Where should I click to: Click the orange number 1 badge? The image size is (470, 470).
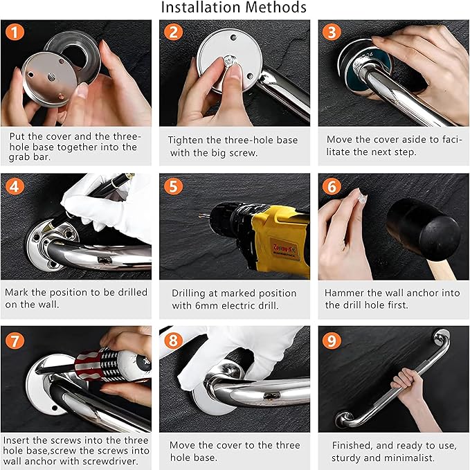pos(15,32)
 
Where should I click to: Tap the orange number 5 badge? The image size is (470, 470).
pos(173,186)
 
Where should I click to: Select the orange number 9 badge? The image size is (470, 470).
pos(332,341)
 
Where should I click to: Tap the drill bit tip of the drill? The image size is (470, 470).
pos(200,215)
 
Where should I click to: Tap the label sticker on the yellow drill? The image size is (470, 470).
pos(284,249)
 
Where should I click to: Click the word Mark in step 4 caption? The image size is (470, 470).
pos(17,292)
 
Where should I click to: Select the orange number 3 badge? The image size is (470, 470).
pos(332,32)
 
